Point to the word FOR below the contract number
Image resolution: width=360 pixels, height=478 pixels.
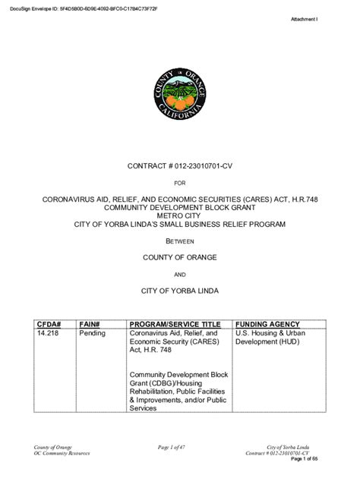pos(180,183)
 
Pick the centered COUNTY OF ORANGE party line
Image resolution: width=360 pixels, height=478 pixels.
pos(180,258)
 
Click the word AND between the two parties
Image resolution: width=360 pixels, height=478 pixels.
pos(180,275)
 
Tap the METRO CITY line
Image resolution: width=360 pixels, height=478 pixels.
pos(180,215)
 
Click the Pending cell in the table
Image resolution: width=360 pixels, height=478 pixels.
pos(92,333)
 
